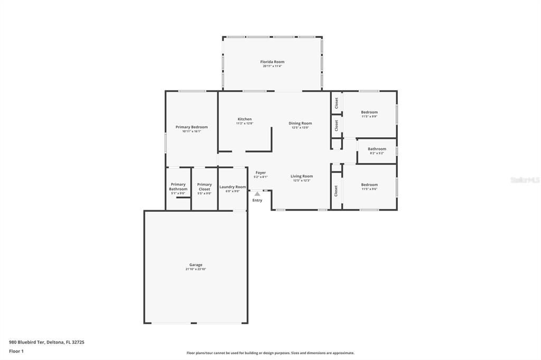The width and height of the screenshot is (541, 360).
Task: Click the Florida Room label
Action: tap(272, 62)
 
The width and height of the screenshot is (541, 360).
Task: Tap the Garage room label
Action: tap(195, 265)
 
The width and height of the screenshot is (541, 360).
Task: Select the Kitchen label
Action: tap(245, 119)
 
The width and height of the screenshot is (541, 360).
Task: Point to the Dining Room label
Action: tap(300, 124)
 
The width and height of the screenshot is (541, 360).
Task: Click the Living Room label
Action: tap(302, 176)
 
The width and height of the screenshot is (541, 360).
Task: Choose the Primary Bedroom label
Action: tap(192, 127)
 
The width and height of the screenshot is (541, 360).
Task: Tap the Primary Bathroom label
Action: tap(178, 187)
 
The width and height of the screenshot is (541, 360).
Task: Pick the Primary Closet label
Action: tap(204, 187)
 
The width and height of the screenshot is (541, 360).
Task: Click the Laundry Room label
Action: tap(232, 187)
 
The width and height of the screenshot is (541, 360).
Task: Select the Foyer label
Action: tap(261, 173)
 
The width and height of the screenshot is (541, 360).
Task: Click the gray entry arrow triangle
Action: tap(257, 194)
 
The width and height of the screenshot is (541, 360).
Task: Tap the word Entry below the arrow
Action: tap(257, 201)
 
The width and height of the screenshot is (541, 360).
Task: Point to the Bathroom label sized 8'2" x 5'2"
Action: tap(377, 149)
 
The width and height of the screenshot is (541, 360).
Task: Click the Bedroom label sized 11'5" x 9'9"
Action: tap(369, 112)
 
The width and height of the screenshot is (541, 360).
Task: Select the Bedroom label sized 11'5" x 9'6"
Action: tap(369, 185)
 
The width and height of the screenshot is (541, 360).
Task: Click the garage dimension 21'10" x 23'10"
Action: tap(195, 269)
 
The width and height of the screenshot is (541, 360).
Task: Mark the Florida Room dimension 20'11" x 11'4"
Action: tap(272, 66)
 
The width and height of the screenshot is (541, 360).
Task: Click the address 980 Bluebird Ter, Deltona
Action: tap(46, 342)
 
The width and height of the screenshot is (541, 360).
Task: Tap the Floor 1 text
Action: tap(16, 351)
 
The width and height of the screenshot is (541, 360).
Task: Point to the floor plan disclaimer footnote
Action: tap(270, 353)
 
